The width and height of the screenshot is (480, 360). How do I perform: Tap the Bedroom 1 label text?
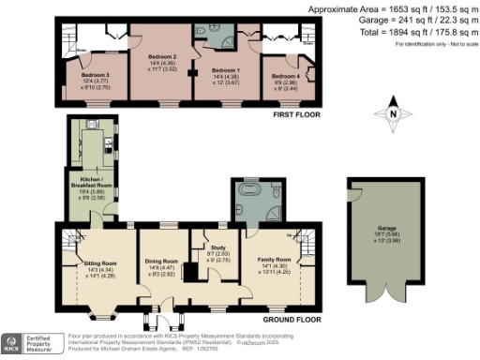pos(223,70)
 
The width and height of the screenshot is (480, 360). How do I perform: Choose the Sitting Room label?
pos(95,263)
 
